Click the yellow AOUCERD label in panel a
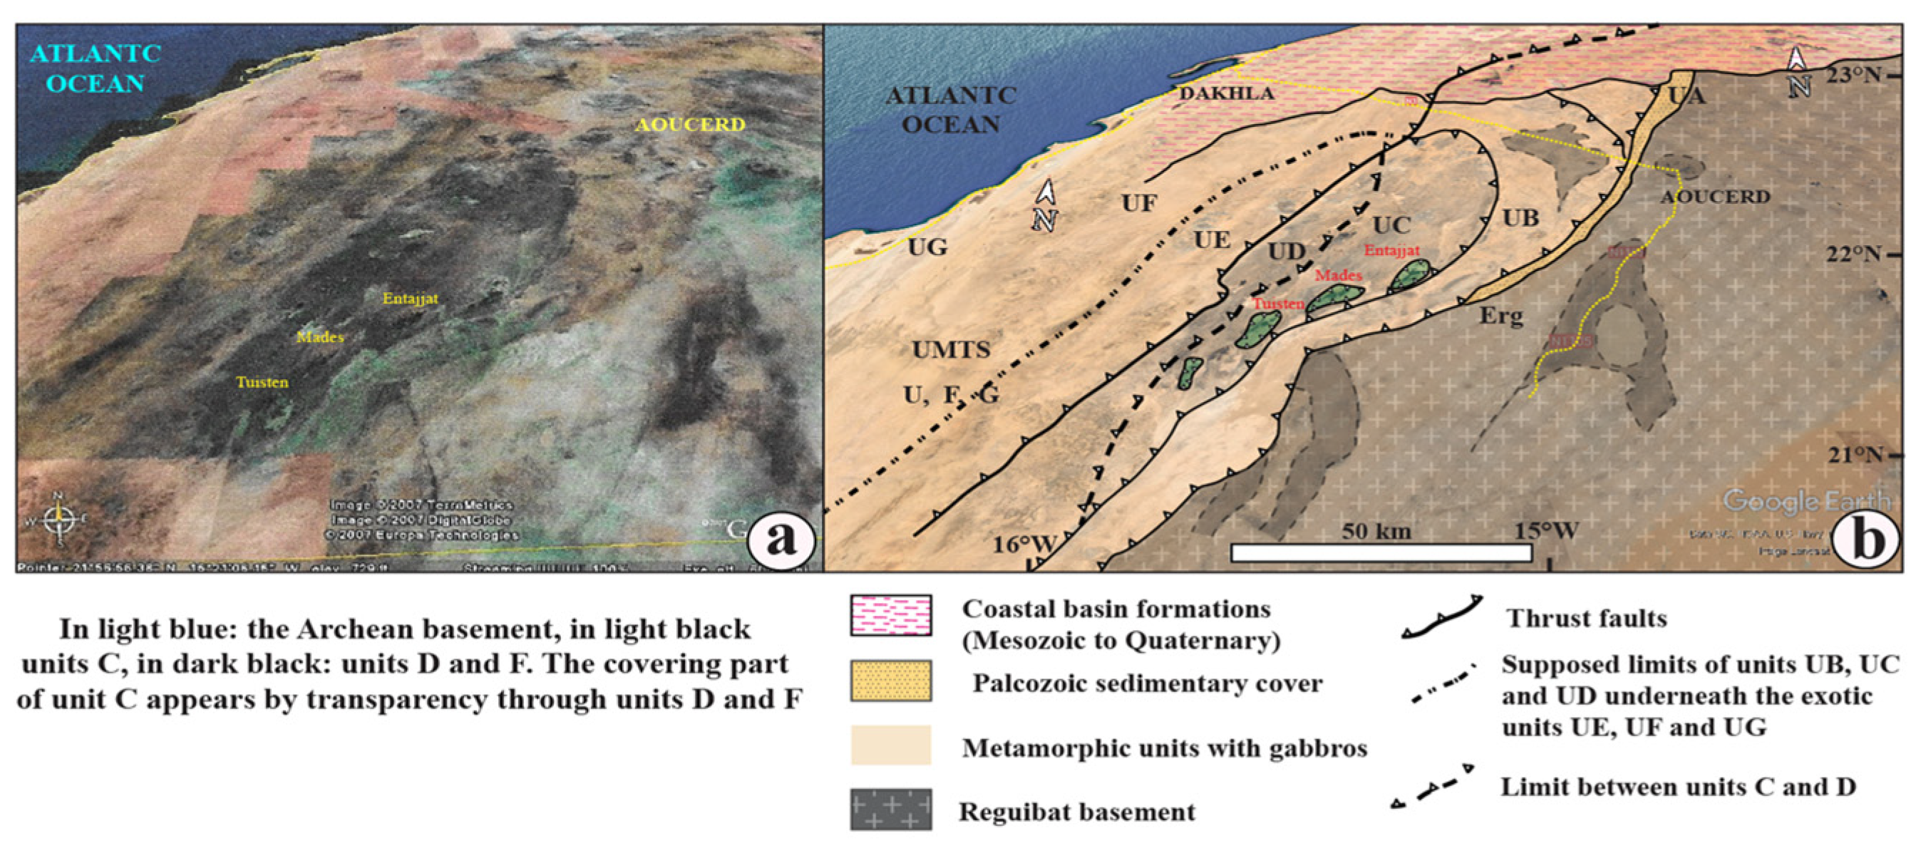coord(690,125)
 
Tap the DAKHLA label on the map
coord(1226,93)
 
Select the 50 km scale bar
coord(1381,552)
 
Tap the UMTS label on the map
coord(951,349)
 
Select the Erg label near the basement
coord(1500,316)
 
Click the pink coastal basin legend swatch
coord(890,615)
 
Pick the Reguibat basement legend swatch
coord(890,810)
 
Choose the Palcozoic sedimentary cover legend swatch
coord(890,680)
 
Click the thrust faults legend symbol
coord(1441,618)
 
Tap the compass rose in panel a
coord(58,520)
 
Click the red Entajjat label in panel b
coord(1391,250)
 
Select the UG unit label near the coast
coord(927,247)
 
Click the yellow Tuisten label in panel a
coord(262,383)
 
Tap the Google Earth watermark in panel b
coord(1806,500)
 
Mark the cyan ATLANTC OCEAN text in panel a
coord(96,68)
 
